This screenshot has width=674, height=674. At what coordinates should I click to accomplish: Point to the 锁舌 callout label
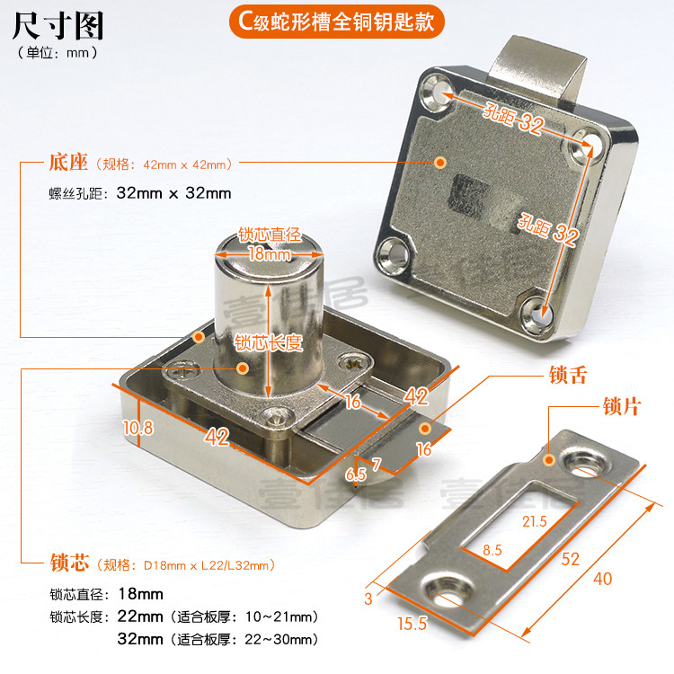point(568,375)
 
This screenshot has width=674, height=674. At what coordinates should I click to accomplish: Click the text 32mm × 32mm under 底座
point(174,193)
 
